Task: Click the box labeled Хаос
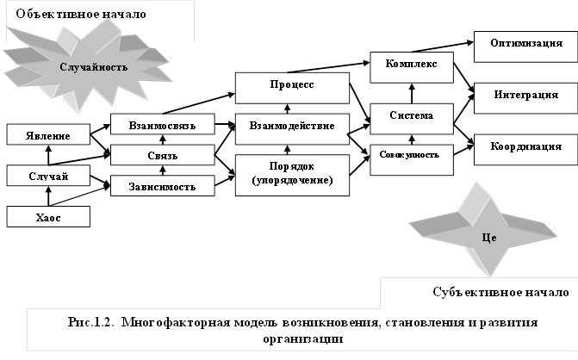point(49,216)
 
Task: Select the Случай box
point(49,176)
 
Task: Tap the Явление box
point(49,134)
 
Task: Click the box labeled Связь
point(162,155)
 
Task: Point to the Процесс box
point(291,87)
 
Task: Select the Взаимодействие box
point(291,126)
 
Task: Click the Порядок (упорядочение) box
point(291,174)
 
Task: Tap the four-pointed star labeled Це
point(488,233)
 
